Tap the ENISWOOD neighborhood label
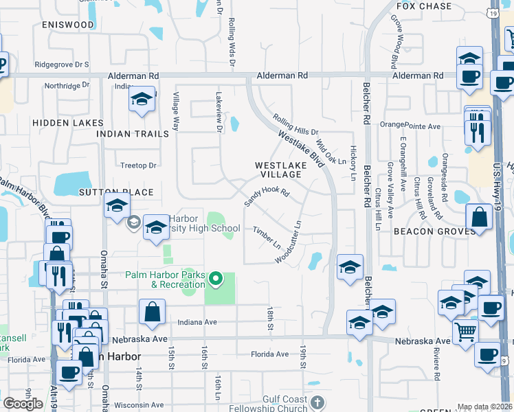[67, 25]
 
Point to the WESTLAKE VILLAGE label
[278, 170]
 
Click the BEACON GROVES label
[434, 231]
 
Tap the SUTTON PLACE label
[115, 192]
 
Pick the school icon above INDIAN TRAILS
[142, 100]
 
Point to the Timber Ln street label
[267, 238]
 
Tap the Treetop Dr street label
[138, 165]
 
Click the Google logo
[23, 403]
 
